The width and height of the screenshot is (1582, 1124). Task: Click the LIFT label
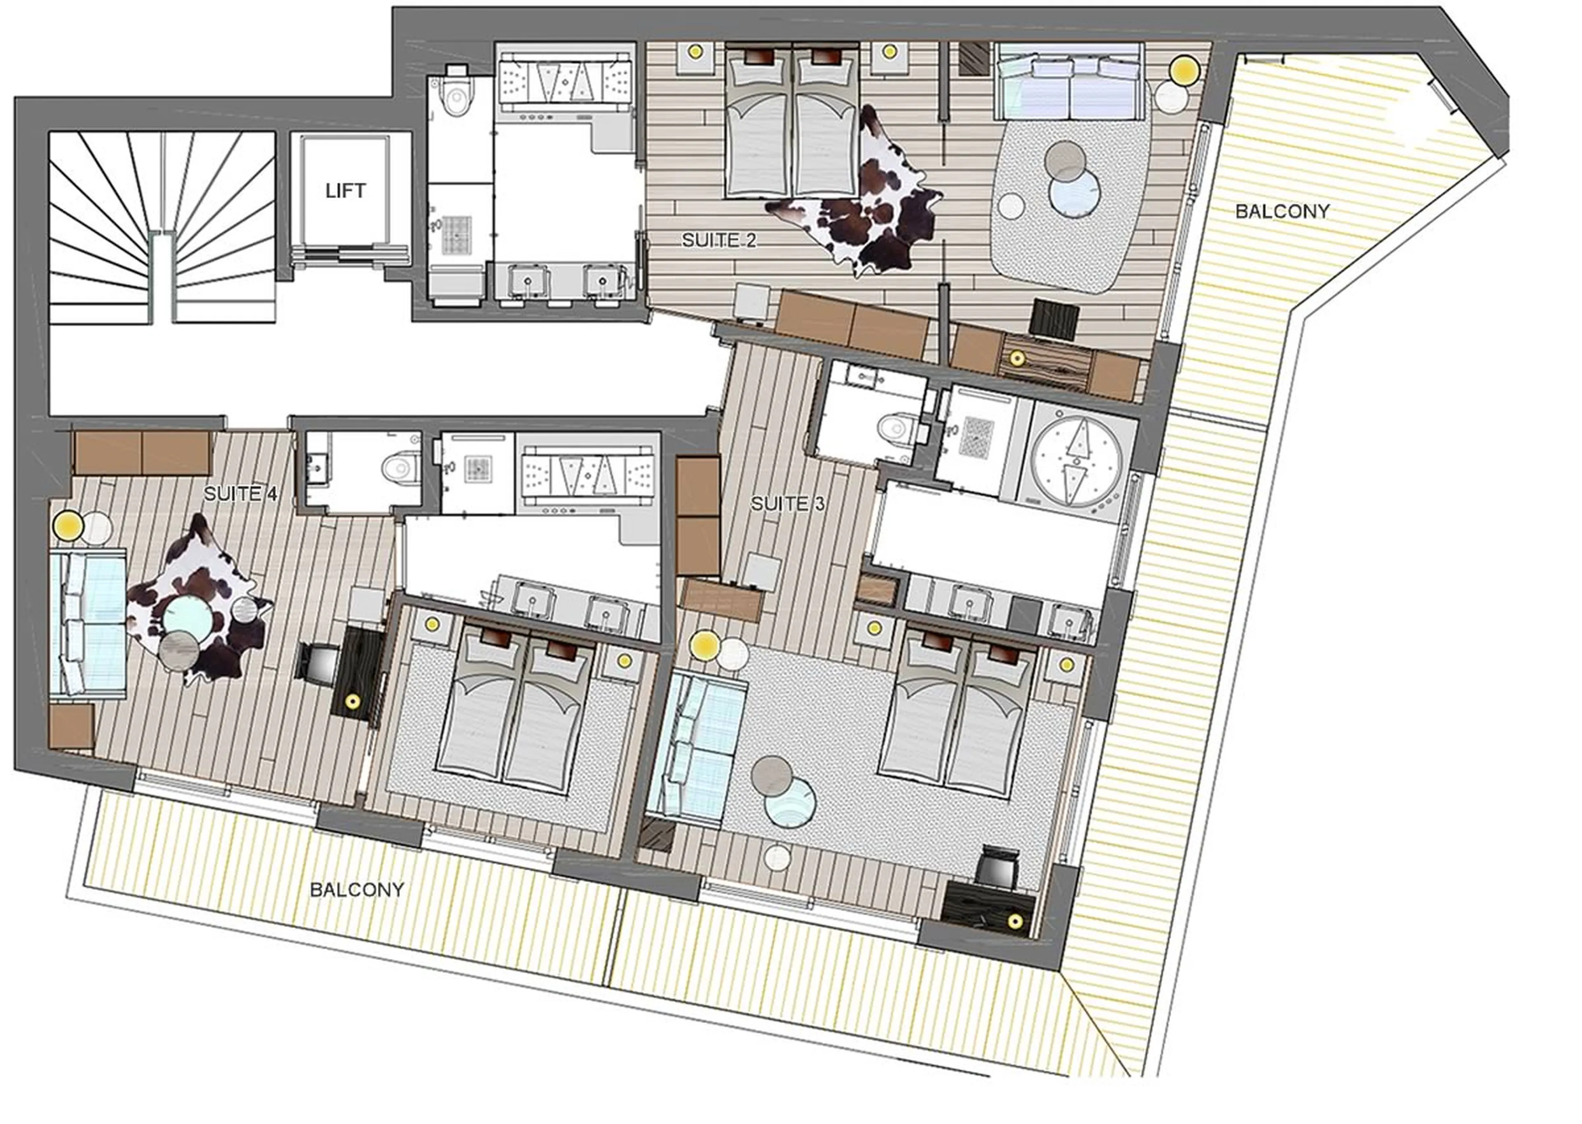[x=345, y=191]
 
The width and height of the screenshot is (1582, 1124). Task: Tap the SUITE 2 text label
[x=718, y=241]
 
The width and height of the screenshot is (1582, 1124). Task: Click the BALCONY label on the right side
[x=1282, y=211]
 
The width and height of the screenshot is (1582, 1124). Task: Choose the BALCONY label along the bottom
[x=356, y=889]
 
